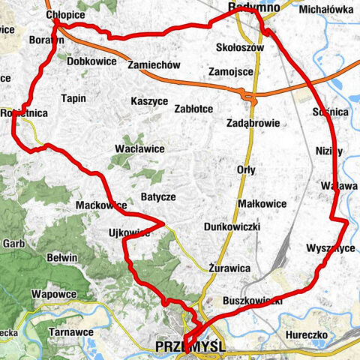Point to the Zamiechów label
click(x=154, y=65)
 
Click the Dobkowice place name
click(x=91, y=61)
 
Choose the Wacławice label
click(x=139, y=148)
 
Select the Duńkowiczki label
click(x=231, y=226)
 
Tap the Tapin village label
click(x=73, y=98)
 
